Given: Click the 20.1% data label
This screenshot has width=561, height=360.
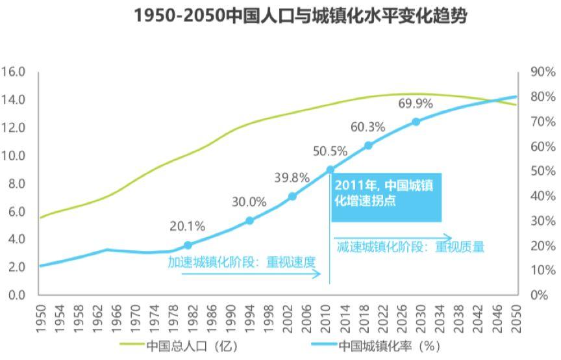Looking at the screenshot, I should tap(187, 227).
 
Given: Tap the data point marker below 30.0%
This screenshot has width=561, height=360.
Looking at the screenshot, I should tap(249, 220).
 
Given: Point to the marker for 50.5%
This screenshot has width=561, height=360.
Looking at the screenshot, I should tap(330, 170).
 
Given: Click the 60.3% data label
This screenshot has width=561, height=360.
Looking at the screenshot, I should tap(368, 127).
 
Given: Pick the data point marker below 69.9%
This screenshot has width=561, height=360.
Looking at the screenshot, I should tap(416, 122).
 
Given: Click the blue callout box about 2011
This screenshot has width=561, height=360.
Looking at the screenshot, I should tap(386, 197).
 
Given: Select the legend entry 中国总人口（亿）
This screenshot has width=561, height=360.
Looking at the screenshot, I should tap(175, 345).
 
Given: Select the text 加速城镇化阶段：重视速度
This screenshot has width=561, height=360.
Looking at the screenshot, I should tap(241, 263).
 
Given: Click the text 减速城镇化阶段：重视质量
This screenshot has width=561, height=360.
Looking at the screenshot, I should tap(410, 247).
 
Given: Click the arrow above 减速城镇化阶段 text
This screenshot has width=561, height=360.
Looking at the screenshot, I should tap(393, 237).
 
